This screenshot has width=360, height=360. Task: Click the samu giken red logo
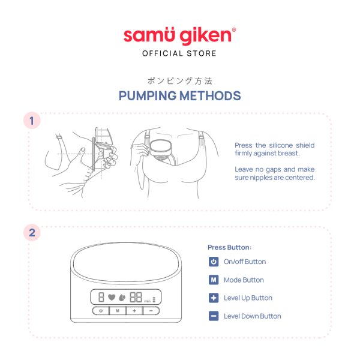[179, 36]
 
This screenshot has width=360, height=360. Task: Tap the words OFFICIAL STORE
[179, 53]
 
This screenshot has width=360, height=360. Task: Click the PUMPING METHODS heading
[180, 96]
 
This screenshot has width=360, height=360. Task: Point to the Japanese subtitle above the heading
[180, 81]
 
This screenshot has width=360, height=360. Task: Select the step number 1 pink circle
[32, 121]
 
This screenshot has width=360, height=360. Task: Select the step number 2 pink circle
[32, 233]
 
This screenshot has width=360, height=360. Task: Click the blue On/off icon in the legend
[214, 262]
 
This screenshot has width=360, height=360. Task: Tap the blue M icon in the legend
[214, 280]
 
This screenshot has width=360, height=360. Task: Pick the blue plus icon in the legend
[214, 298]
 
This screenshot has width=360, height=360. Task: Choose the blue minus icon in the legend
[214, 316]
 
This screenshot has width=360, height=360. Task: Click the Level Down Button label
[253, 316]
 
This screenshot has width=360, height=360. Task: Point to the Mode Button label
[244, 280]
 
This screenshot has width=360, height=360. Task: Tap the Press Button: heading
[229, 247]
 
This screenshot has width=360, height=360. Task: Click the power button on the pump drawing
[101, 311]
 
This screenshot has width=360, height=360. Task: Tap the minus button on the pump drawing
[151, 311]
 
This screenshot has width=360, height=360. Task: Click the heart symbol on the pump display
[112, 298]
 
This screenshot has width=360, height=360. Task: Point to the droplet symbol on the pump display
[122, 298]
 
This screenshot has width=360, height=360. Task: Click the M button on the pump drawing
[118, 311]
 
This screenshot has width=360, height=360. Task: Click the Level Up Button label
[248, 298]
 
